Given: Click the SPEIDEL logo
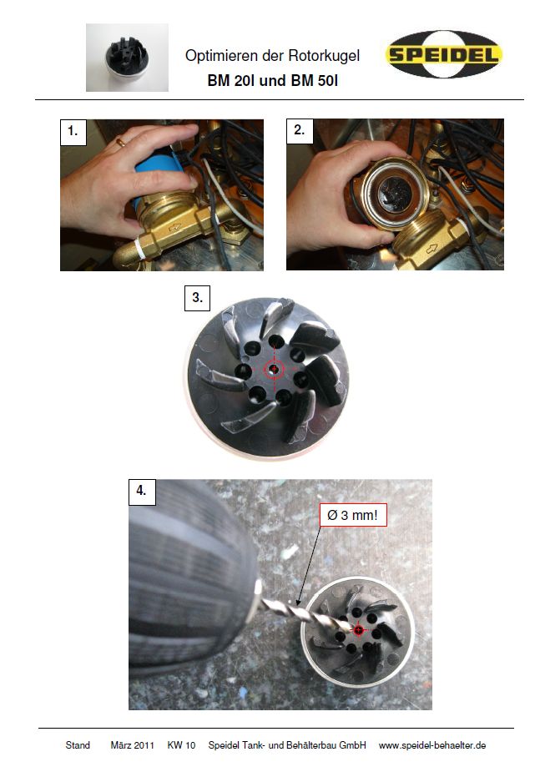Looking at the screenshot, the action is (443, 54).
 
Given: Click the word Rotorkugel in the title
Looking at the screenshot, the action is (324, 56).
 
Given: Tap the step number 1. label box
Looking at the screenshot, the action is (73, 132).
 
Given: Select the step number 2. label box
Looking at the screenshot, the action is (300, 130).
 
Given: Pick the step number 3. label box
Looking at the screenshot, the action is (197, 298).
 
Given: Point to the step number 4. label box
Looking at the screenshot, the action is (142, 492).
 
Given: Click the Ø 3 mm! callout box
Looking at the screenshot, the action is (353, 515).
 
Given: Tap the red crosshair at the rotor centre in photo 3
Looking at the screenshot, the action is (274, 368).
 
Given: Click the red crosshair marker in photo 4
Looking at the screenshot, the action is (358, 630).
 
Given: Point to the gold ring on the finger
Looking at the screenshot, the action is (121, 142).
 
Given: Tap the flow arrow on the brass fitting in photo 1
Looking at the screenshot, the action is (174, 228).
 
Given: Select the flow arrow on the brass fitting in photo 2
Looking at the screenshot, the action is (432, 249).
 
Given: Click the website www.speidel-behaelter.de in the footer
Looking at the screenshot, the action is (432, 745).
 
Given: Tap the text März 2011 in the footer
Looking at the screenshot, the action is (132, 745).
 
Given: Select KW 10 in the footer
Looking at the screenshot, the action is (181, 745).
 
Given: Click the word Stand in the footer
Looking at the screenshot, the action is (78, 745).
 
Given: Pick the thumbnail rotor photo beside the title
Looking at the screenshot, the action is (127, 58).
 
